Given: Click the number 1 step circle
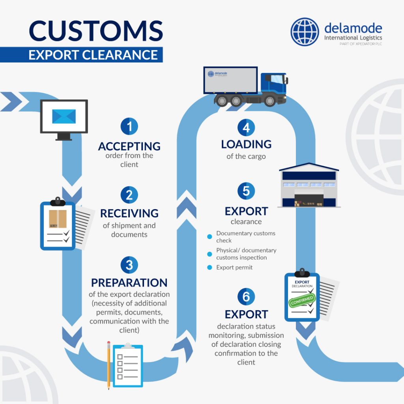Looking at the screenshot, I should click(129, 127).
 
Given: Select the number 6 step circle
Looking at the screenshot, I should click(246, 297).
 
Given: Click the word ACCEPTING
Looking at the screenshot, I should click(129, 146).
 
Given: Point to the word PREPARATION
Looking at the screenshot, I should click(129, 283).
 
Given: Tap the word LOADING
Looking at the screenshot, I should click(246, 144).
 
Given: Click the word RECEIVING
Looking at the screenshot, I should click(129, 213).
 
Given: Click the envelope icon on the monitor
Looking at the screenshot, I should click(64, 116).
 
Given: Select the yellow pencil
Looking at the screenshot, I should click(108, 365).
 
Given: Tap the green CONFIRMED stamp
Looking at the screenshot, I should click(302, 301).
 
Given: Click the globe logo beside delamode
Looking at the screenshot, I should click(305, 31).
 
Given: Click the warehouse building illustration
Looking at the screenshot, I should click(309, 185).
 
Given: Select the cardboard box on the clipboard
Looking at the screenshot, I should click(58, 219).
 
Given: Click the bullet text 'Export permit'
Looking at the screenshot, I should click(234, 267).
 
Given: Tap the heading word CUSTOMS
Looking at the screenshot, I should click(96, 31).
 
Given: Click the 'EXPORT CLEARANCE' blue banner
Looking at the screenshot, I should click(93, 54).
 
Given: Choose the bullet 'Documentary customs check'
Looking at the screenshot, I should click(245, 237).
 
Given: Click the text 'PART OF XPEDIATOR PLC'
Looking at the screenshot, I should click(355, 44).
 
